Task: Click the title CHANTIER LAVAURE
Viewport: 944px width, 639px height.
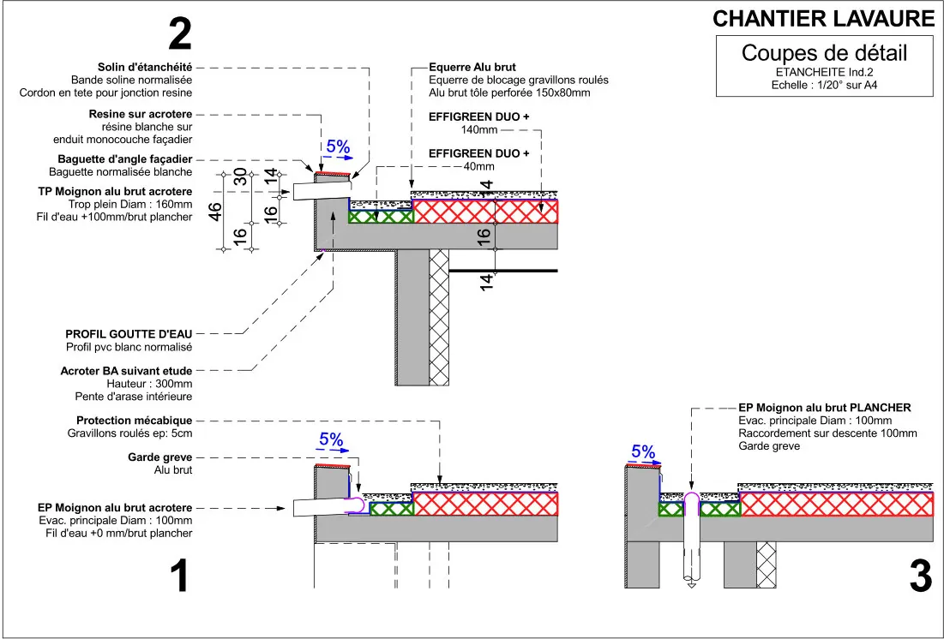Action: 823,19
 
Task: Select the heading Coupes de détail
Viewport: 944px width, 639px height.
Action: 824,53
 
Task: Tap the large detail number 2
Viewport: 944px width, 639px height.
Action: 179,34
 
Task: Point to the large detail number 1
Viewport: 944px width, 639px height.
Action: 180,576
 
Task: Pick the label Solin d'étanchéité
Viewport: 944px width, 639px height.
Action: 145,68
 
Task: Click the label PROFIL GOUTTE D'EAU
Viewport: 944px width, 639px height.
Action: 129,334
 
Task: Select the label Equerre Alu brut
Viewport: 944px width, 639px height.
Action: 472,68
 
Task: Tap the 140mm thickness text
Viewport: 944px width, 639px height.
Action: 479,129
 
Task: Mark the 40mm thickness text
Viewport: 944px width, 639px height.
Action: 478,167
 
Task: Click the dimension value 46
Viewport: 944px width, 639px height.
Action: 215,212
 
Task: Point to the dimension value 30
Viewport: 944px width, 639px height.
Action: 239,176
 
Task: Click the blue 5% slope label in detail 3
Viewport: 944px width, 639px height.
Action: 643,452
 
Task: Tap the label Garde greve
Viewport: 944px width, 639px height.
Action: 159,457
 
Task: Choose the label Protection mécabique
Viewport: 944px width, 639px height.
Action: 135,421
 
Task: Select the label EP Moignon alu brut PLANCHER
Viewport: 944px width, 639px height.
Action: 825,408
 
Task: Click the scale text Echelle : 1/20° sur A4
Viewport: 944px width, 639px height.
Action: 824,86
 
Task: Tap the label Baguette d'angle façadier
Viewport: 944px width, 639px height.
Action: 125,159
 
